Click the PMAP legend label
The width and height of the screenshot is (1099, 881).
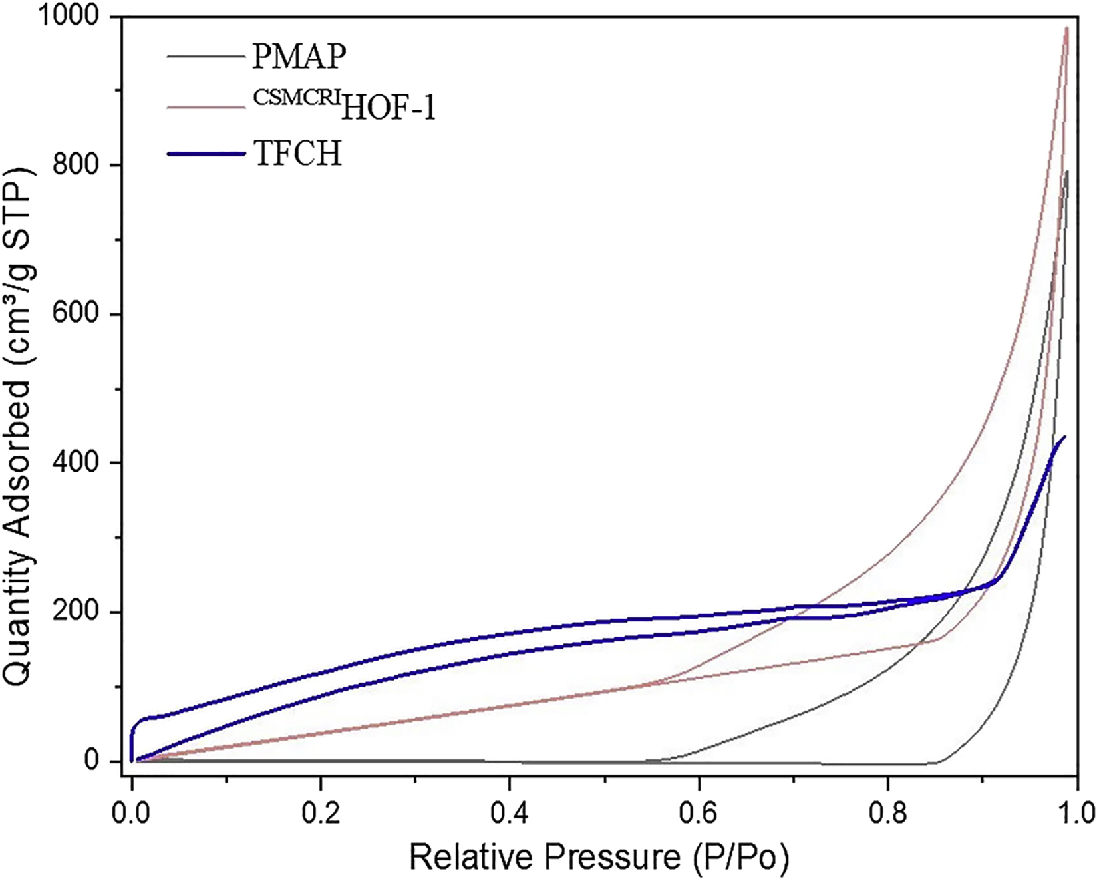click(299, 57)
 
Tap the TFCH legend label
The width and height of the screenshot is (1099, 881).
click(297, 154)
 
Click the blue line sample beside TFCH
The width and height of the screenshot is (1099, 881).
click(206, 154)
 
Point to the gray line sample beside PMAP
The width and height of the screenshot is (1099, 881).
click(206, 57)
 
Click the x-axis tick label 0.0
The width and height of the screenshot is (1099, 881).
click(132, 812)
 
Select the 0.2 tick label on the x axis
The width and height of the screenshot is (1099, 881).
click(321, 812)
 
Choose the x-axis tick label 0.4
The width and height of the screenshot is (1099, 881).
click(510, 812)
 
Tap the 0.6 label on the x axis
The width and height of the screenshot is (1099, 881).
click(699, 812)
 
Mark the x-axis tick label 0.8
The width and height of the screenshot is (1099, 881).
click(887, 812)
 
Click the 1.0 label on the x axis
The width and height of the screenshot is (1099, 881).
click(1076, 812)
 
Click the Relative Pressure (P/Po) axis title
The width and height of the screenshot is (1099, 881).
click(599, 858)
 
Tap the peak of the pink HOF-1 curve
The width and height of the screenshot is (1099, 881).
click(1066, 28)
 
